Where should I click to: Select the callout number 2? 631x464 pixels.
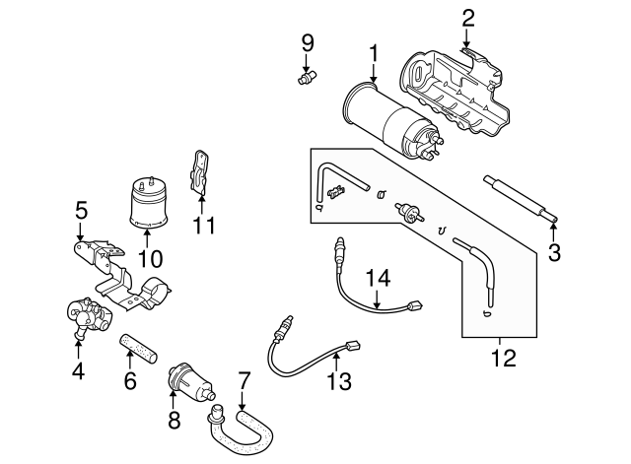(468, 16)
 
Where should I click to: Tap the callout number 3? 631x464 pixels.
(554, 252)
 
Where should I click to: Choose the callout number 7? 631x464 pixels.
(244, 378)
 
